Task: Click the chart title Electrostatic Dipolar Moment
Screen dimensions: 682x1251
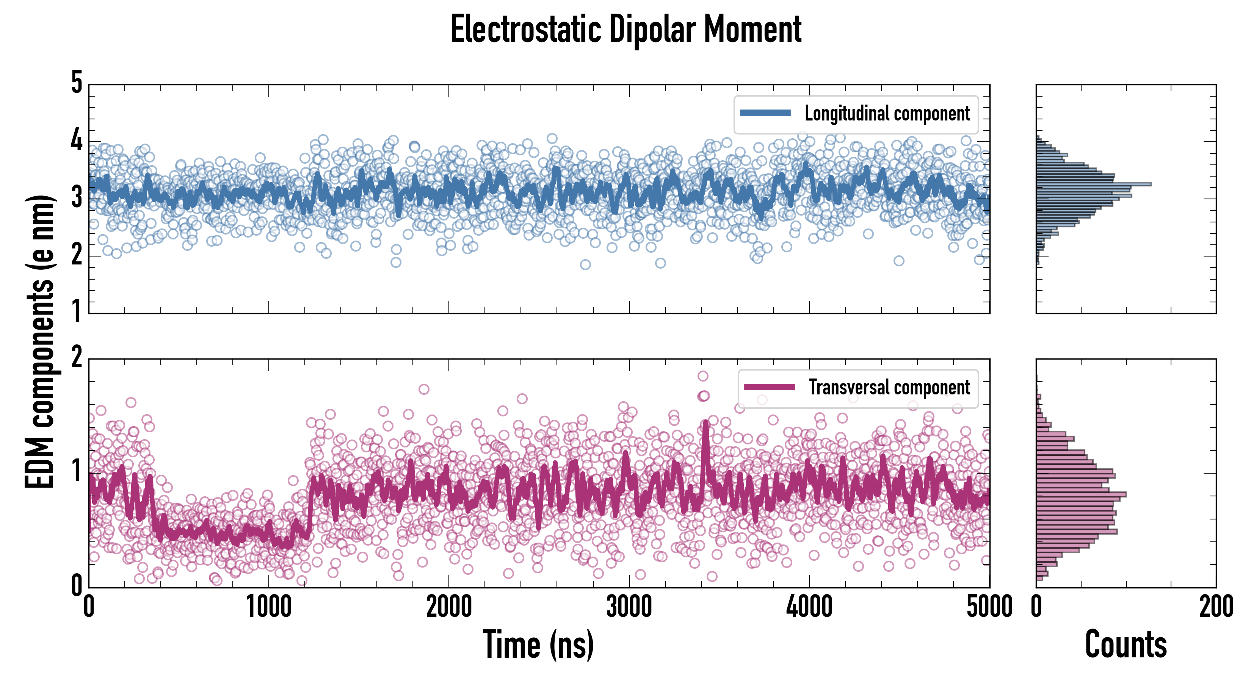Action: [625, 30]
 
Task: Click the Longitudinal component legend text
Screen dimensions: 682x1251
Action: [887, 114]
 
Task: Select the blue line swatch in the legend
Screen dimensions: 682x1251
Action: [765, 113]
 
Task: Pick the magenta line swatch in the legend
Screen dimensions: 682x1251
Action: [769, 387]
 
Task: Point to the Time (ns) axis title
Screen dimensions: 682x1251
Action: [538, 644]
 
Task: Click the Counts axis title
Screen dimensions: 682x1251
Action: [1126, 644]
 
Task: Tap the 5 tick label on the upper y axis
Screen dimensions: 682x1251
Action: [77, 83]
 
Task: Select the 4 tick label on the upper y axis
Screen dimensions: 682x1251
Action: [77, 141]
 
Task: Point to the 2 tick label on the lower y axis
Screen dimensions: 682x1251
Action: [77, 358]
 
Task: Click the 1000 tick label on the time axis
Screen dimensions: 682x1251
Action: [268, 607]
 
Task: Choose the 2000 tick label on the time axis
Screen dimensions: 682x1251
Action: [449, 607]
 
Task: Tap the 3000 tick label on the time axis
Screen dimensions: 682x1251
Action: [629, 607]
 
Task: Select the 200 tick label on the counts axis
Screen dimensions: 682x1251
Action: [1215, 607]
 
